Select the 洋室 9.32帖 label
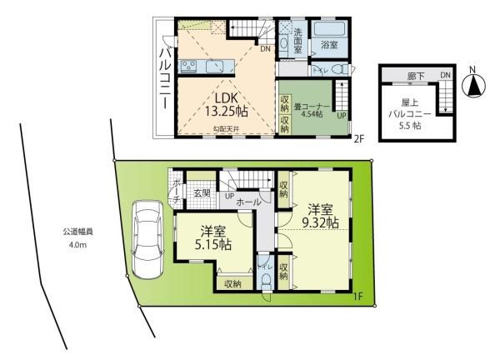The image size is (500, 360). pyautogui.click(x=321, y=216)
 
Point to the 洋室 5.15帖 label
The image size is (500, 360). pyautogui.click(x=214, y=238)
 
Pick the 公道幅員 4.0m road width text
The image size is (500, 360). pyautogui.click(x=76, y=238)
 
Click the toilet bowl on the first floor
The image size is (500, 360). pyautogui.click(x=265, y=281)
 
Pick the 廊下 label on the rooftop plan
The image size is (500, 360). pyautogui.click(x=416, y=77)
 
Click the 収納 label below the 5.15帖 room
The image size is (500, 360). pyautogui.click(x=232, y=284)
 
